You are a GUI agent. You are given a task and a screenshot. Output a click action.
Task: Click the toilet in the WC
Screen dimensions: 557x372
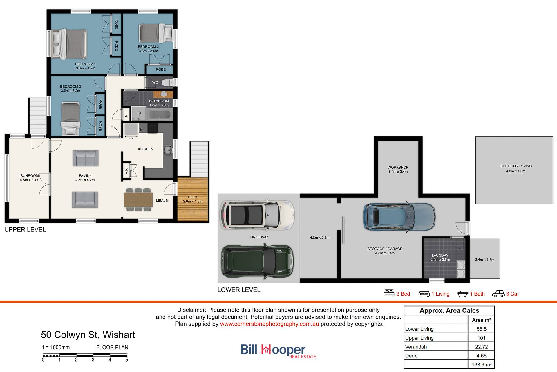(167, 83)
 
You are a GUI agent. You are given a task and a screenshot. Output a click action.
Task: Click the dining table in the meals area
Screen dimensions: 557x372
(138, 200)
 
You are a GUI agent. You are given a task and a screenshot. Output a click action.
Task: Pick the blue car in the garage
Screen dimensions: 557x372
(399, 217)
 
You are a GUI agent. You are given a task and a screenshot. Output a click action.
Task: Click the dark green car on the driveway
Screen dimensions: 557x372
(258, 260)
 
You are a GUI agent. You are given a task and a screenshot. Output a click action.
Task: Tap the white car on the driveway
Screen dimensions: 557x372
(257, 214)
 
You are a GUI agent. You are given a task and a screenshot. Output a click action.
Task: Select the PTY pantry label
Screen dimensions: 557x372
(126, 170)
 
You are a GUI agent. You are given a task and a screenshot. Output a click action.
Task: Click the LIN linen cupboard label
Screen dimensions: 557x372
(126, 114)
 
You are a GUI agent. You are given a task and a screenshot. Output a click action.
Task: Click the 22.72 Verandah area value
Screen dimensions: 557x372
(482, 347)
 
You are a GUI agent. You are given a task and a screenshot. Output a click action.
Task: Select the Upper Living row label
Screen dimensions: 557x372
(419, 338)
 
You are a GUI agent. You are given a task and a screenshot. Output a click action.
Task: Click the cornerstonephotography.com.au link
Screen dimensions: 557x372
(269, 324)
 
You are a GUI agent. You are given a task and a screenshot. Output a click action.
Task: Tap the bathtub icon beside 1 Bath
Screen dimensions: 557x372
(463, 294)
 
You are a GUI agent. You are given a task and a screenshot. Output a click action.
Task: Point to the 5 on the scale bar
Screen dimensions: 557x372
(127, 360)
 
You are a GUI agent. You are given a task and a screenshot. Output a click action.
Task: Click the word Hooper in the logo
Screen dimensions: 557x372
(283, 350)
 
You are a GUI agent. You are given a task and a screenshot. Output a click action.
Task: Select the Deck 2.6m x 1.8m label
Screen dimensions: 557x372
(193, 199)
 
